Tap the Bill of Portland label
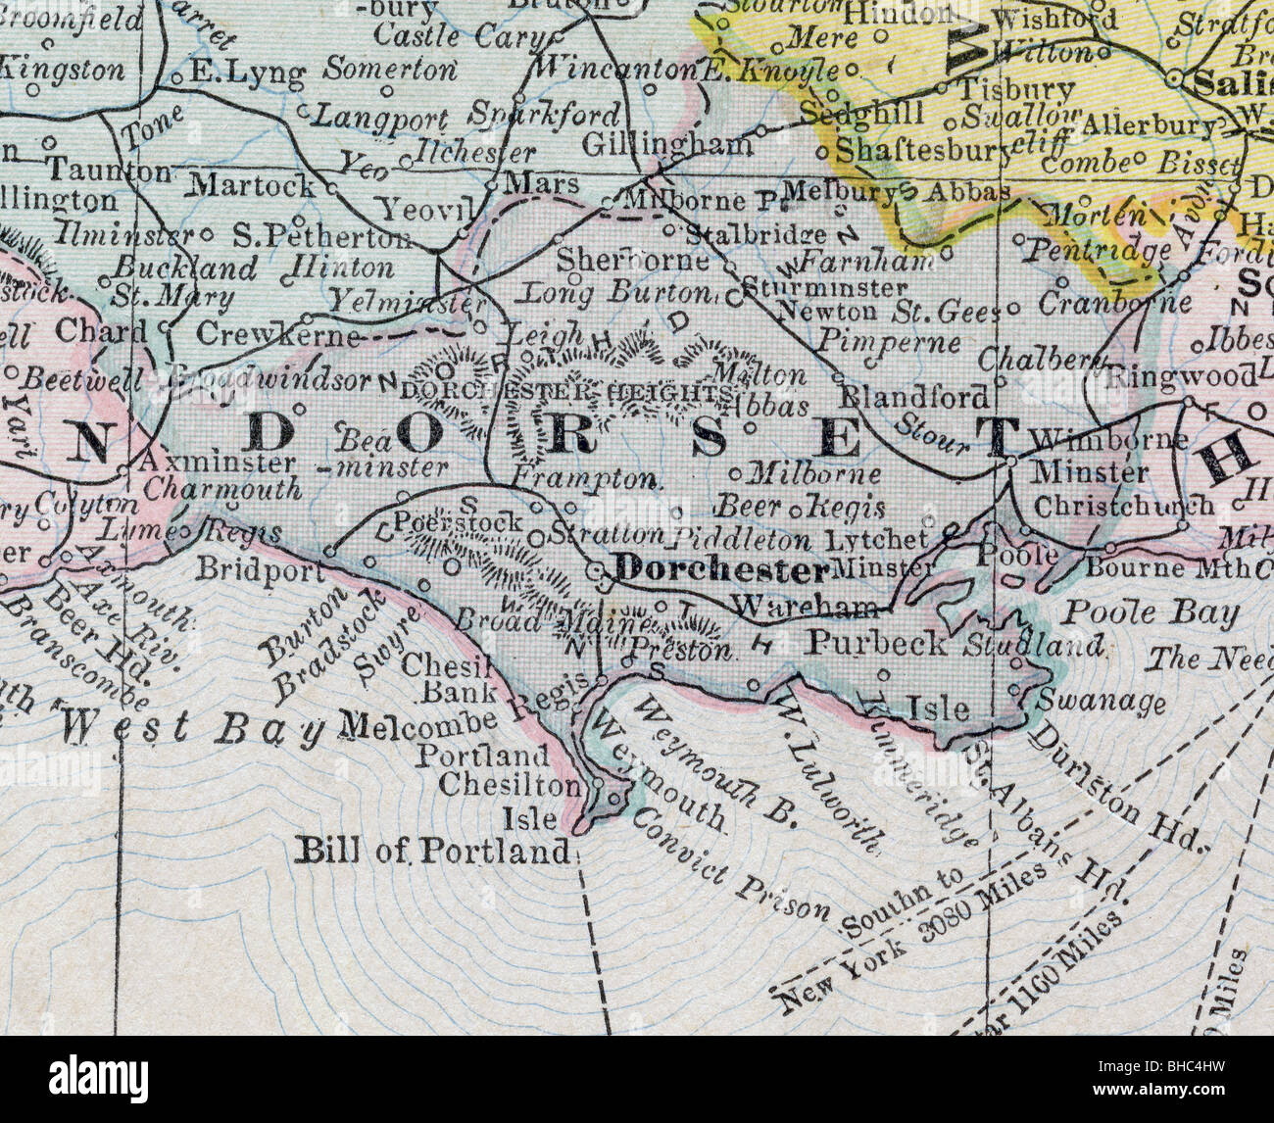[x=432, y=851]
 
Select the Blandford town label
[x=915, y=397]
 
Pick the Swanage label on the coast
[x=1101, y=702]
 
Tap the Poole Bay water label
[x=1151, y=613]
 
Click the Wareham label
[x=804, y=607]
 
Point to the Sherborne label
[x=632, y=261]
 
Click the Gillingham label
[x=667, y=144]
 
